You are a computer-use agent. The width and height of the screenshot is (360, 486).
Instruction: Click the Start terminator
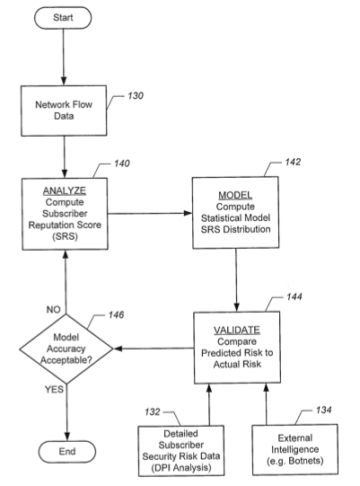coord(63,18)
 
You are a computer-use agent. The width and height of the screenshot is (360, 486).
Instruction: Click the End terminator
coord(67,452)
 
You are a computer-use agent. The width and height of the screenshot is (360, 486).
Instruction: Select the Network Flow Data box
coord(64,110)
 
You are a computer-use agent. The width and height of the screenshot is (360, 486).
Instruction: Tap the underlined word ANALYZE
coord(65,190)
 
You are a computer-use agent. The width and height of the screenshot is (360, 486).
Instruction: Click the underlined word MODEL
coord(235,195)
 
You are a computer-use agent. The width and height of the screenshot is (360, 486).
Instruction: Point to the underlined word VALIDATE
coord(237,330)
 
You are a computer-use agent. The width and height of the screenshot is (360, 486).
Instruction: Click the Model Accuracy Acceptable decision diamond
coord(66,349)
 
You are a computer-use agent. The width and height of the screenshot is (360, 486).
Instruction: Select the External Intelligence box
coord(295,449)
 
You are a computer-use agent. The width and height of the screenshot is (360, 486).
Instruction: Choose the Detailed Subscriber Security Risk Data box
coord(181,451)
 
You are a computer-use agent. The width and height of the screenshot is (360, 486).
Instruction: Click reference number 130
coord(136,96)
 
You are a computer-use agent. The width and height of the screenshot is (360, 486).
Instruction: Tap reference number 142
coord(293,162)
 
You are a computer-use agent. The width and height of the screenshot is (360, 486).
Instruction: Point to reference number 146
coord(116,315)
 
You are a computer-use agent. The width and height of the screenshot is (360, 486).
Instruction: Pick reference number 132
coord(153,412)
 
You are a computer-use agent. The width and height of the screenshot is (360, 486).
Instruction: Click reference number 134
coord(324,410)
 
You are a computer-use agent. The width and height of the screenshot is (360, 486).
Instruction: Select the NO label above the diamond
coord(53,310)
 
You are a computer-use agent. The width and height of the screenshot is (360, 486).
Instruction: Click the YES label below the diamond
coord(54,389)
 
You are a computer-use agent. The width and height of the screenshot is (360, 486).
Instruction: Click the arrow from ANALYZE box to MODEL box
coord(150,213)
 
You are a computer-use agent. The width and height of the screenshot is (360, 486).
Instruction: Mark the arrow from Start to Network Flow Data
coord(64,57)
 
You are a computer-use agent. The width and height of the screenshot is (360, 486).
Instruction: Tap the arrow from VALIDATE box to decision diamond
coord(154,349)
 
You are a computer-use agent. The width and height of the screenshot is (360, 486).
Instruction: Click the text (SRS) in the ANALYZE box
coord(65,237)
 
